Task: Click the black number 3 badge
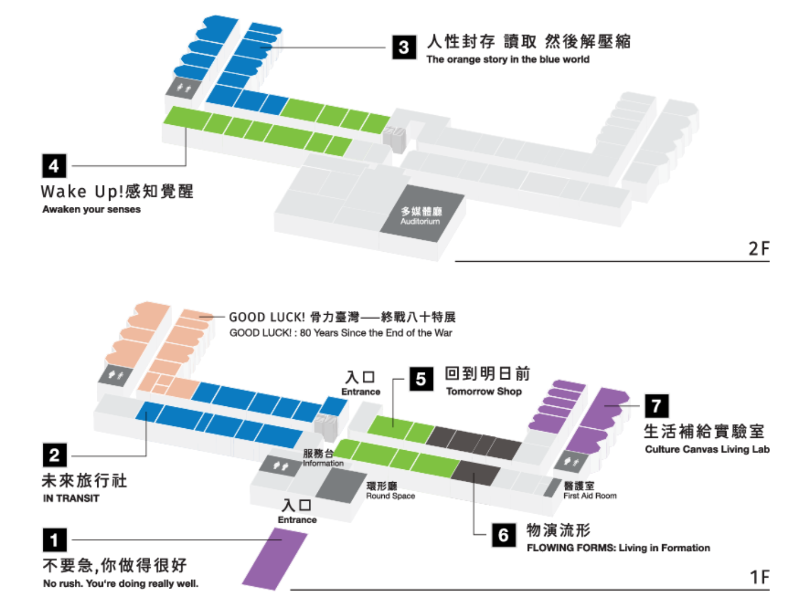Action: pos(404,47)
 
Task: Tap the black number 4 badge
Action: pos(54,166)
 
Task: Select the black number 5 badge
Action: pos(421,379)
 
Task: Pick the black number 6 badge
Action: pos(503,534)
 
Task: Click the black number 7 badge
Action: pos(656,406)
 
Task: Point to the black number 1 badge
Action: pos(55,540)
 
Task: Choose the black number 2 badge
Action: pos(55,455)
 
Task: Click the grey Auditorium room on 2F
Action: pos(422,214)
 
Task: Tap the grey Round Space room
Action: pos(341,487)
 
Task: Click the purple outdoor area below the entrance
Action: pos(275,559)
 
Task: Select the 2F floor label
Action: pos(759,249)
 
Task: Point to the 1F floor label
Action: pos(759,577)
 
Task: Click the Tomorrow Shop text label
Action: pos(484,391)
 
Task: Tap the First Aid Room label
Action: pos(589,496)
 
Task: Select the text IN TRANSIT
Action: pos(71,499)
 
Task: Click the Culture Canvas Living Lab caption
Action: pos(707,449)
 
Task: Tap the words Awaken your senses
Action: pos(92,209)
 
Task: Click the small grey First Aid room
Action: pos(552,488)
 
